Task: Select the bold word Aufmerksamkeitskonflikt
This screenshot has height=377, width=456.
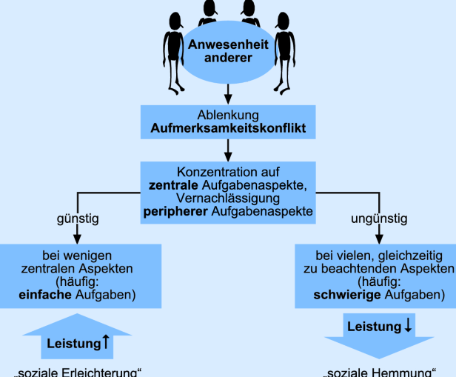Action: point(227,129)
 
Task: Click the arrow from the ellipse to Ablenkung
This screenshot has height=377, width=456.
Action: point(227,93)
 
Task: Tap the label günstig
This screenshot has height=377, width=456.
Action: point(78,218)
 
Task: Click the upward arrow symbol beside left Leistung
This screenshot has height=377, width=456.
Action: point(107,343)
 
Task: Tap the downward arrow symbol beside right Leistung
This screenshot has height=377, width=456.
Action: point(408,325)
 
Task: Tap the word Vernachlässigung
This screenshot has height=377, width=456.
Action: point(227,198)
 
